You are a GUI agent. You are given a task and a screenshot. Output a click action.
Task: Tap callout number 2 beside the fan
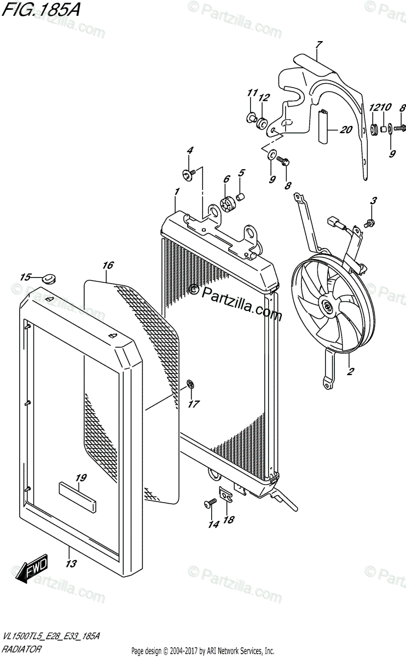350,372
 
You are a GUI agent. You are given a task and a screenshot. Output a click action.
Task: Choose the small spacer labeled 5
241,196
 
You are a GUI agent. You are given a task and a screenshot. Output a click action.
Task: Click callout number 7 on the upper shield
319,44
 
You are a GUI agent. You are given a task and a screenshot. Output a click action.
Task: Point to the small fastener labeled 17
189,384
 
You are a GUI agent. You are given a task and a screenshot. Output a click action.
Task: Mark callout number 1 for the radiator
177,192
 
